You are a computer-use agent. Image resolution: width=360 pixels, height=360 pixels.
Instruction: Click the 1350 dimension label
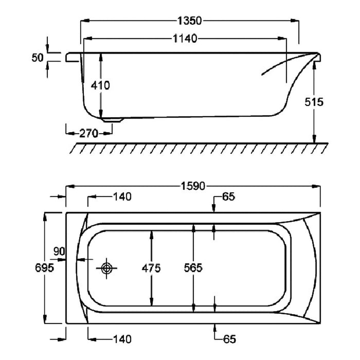[x=189, y=21]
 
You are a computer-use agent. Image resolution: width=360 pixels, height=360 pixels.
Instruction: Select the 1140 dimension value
[x=185, y=39]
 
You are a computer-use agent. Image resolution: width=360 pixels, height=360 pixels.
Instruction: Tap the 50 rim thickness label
[x=37, y=58]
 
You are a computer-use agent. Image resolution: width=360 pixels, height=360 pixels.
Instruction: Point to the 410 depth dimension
[x=100, y=85]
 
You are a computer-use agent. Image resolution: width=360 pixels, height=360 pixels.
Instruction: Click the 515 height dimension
[x=313, y=101]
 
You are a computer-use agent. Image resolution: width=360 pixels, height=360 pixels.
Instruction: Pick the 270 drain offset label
[x=88, y=133]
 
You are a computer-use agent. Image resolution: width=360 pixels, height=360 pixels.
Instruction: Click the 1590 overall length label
[x=194, y=185]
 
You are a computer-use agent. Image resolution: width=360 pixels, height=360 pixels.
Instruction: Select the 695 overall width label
[x=45, y=268]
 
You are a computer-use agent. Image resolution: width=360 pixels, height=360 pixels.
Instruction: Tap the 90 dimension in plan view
[x=60, y=251]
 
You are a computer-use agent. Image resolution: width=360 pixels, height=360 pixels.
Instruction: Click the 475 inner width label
[x=151, y=268]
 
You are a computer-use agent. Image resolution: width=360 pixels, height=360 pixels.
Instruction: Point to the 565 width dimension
[x=193, y=268]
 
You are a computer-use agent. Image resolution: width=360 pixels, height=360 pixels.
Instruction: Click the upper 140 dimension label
[x=122, y=196]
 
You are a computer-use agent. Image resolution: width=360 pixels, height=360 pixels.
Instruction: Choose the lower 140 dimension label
[x=122, y=339]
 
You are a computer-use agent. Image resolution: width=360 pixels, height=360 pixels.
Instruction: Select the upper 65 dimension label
[x=229, y=196]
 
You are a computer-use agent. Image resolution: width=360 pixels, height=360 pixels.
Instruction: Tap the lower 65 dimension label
[x=229, y=339]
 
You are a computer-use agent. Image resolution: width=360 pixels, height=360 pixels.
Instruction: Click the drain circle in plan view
[x=107, y=268]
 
